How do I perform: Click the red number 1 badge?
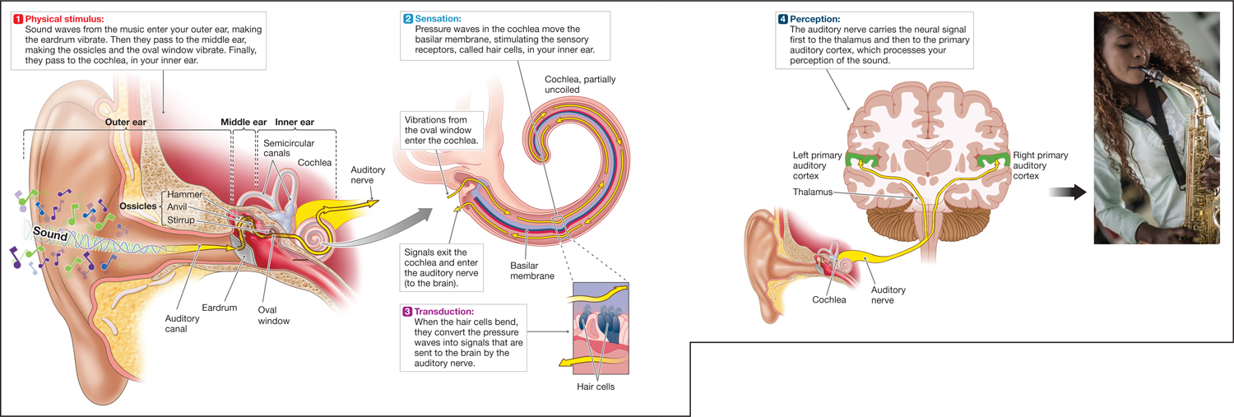(x=18, y=18)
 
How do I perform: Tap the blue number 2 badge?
(x=408, y=18)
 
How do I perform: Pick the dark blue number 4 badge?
(x=782, y=18)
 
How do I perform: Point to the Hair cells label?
(x=595, y=386)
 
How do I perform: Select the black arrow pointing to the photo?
(x=1068, y=192)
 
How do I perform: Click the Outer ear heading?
(x=125, y=123)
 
